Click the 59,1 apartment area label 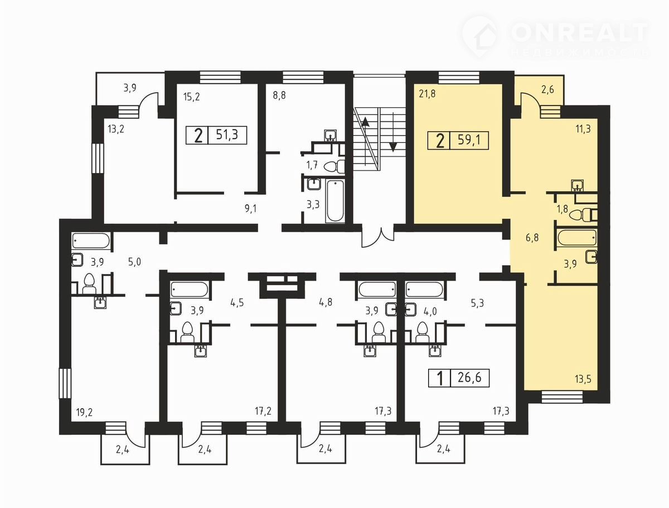(x=469, y=140)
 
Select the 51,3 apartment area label (x=227, y=135)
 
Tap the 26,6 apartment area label (x=469, y=378)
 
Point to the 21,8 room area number (x=427, y=94)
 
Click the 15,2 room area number (x=191, y=97)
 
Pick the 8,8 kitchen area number (x=279, y=95)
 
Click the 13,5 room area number (x=583, y=379)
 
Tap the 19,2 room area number (x=84, y=413)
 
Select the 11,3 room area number (x=583, y=129)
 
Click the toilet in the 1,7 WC (x=334, y=166)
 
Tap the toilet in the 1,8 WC (x=584, y=215)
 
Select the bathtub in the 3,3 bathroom (x=334, y=201)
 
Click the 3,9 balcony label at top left (x=130, y=88)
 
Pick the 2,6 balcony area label (x=547, y=90)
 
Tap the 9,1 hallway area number (x=250, y=209)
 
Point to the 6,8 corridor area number (x=532, y=237)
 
